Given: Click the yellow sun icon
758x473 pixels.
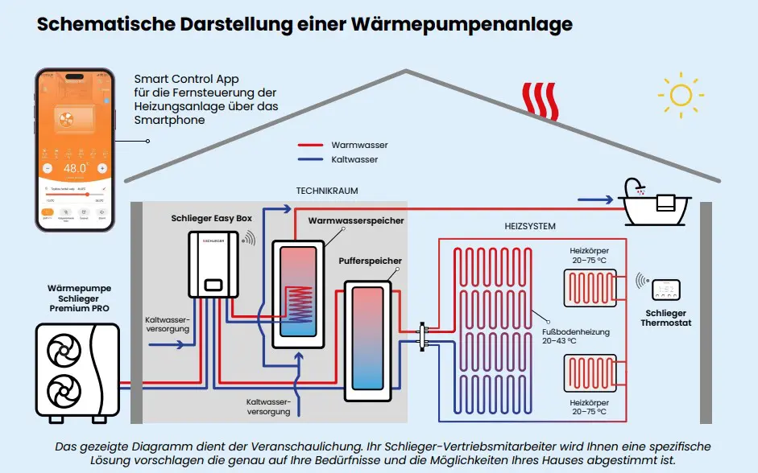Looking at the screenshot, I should (x=680, y=95).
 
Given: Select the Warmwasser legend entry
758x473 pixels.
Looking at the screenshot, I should (x=359, y=145).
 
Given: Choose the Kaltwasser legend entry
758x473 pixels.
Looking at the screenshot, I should (x=354, y=159).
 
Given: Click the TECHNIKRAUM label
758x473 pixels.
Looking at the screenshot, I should (x=327, y=191).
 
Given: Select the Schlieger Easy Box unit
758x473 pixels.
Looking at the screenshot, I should (x=213, y=265).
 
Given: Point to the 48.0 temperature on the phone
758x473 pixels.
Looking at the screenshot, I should (x=75, y=168).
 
